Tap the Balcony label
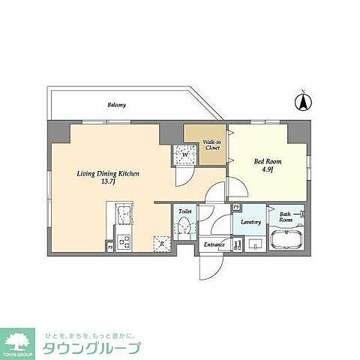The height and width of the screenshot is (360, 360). click(115, 105)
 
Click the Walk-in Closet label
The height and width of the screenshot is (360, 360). click(211, 145)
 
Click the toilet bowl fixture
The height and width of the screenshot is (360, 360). click(182, 228)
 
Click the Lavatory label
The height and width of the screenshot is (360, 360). click(250, 222)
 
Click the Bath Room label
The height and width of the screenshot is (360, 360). click(286, 218)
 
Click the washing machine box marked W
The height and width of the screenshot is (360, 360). click(183, 155)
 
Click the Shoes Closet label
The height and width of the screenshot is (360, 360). click(237, 244)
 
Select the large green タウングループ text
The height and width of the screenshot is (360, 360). click(91, 349)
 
